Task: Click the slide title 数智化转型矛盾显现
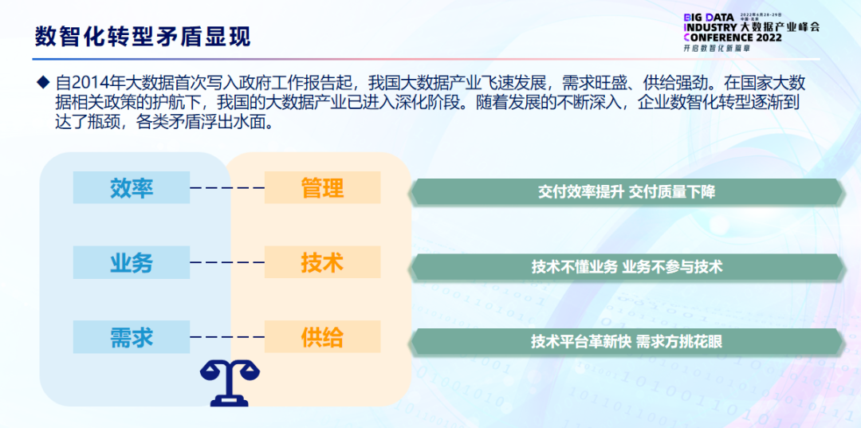coord(143,37)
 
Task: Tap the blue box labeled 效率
coord(132,188)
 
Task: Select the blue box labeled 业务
coord(132,263)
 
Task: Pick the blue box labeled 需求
coord(132,337)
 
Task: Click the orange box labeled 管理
coord(322,188)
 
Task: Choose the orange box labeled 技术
coord(322,263)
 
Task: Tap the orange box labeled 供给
coord(322,337)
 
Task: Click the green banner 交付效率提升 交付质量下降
coord(626,192)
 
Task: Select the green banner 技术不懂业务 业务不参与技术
coord(626,267)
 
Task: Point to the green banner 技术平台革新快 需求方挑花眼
coord(626,342)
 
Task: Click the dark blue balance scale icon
coord(230,382)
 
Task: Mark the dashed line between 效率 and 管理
coord(227,188)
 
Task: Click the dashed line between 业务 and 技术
coord(227,262)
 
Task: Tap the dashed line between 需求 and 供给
coord(227,337)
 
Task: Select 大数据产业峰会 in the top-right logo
coord(780,26)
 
